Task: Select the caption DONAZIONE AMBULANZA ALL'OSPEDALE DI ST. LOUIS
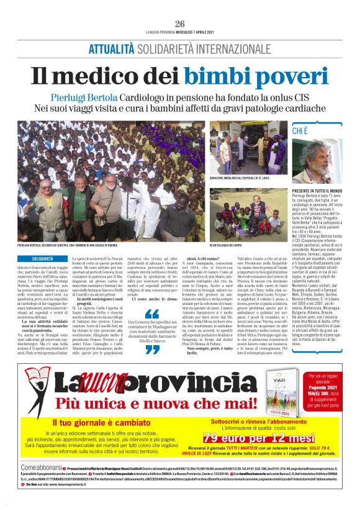(x=238, y=178)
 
